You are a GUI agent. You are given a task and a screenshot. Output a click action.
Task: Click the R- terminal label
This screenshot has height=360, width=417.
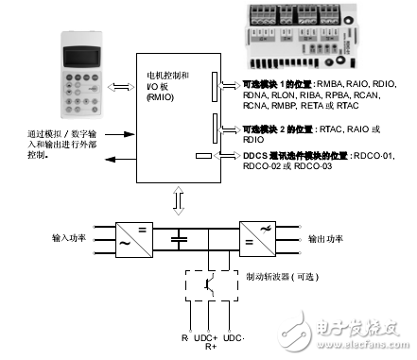185,337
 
